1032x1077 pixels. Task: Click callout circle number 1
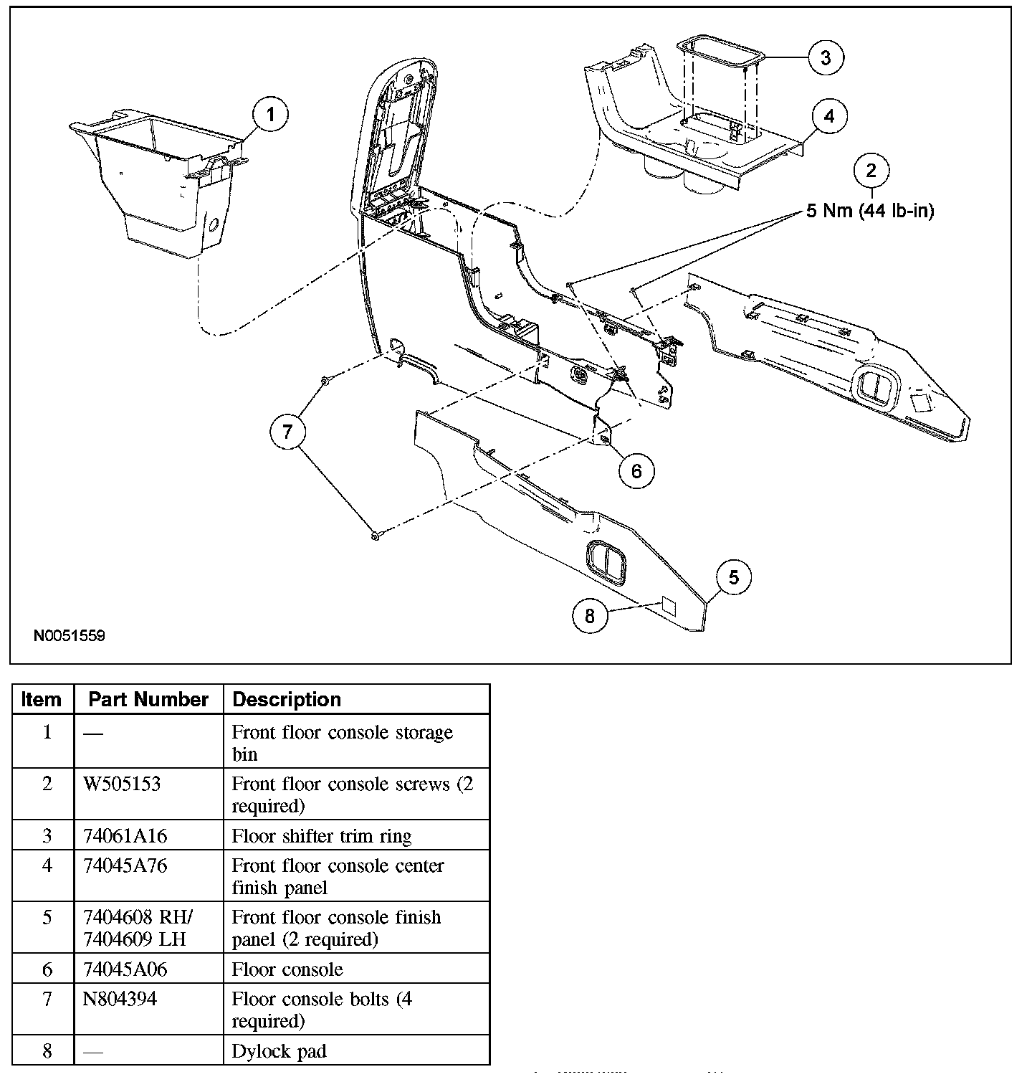[x=270, y=115]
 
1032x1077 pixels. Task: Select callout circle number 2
[x=871, y=171]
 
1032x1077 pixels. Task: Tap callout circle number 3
[x=826, y=57]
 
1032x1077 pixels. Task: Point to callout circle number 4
[x=829, y=116]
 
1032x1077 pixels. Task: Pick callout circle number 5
[x=733, y=578]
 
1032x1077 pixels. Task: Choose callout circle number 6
[x=637, y=470]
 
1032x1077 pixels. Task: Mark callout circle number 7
[x=287, y=432]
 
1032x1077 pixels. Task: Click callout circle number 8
[x=590, y=616]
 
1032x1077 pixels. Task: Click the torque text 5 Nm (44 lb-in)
[x=870, y=211]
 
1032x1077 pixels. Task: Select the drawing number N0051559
[x=70, y=635]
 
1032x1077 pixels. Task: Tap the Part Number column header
[x=148, y=699]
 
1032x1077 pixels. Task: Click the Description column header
[x=287, y=699]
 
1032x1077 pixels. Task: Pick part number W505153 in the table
[x=122, y=784]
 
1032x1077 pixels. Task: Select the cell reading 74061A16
[x=125, y=836]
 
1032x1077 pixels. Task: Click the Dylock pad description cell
[x=279, y=1051]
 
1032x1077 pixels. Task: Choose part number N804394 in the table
[x=120, y=999]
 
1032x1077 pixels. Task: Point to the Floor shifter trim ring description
[x=322, y=836]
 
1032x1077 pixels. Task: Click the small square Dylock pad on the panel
[x=668, y=607]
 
